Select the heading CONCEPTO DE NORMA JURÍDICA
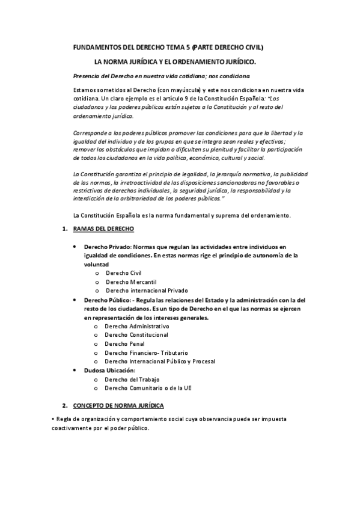point(122,405)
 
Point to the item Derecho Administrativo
point(136,325)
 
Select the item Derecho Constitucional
point(136,334)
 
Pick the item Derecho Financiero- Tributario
point(146,352)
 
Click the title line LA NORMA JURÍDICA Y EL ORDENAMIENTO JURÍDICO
point(175,61)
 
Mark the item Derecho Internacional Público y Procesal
point(159,361)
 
